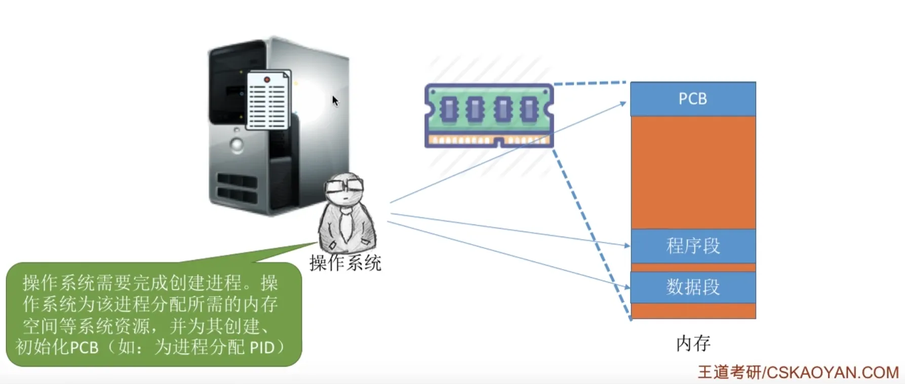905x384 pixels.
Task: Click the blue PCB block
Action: pyautogui.click(x=693, y=99)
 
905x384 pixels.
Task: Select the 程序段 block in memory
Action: pyautogui.click(x=693, y=246)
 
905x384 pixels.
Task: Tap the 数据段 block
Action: pyautogui.click(x=693, y=287)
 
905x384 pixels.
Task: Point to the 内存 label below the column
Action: pyautogui.click(x=693, y=343)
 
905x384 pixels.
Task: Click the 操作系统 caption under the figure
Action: pyautogui.click(x=345, y=263)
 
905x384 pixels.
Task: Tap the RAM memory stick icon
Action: pyautogui.click(x=489, y=116)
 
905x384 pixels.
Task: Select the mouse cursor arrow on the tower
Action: pyautogui.click(x=335, y=100)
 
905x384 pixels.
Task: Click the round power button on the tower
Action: pyautogui.click(x=237, y=145)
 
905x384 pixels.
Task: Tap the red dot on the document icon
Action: pyautogui.click(x=267, y=80)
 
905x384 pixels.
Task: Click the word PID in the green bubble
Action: pyautogui.click(x=262, y=348)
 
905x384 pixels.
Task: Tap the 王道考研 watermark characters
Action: pyautogui.click(x=729, y=373)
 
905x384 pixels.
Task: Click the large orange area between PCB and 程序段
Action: pyautogui.click(x=693, y=172)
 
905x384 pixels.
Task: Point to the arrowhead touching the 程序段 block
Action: pyautogui.click(x=627, y=246)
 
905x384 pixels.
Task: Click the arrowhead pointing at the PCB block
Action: pyautogui.click(x=623, y=104)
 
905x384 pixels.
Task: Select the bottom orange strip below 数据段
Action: pyautogui.click(x=693, y=311)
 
